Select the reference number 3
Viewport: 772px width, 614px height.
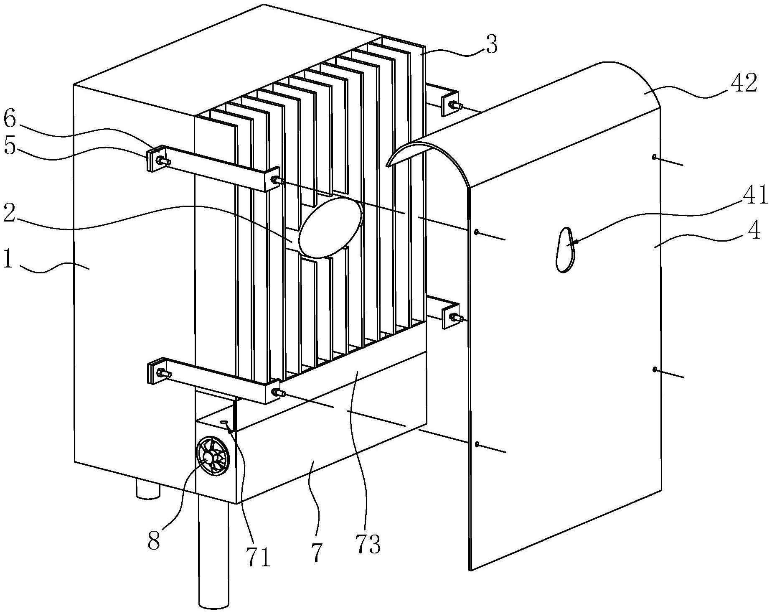point(492,44)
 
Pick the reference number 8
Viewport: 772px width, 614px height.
point(154,542)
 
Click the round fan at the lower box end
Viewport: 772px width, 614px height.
point(213,455)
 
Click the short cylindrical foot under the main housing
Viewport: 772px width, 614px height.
point(148,489)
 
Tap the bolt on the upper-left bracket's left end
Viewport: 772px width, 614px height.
point(162,161)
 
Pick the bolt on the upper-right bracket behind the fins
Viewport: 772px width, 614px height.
point(455,105)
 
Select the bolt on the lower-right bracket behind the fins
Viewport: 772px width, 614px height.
point(455,318)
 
